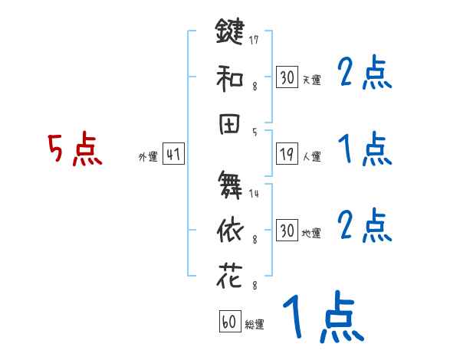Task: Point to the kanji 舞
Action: [230, 184]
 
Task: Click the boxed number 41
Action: [173, 155]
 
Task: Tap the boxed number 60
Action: [229, 322]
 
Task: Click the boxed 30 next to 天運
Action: [287, 77]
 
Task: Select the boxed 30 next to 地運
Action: [287, 231]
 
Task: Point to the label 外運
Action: [148, 157]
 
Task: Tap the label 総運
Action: [255, 325]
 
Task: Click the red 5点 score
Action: [74, 149]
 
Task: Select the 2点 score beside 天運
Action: [364, 74]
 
